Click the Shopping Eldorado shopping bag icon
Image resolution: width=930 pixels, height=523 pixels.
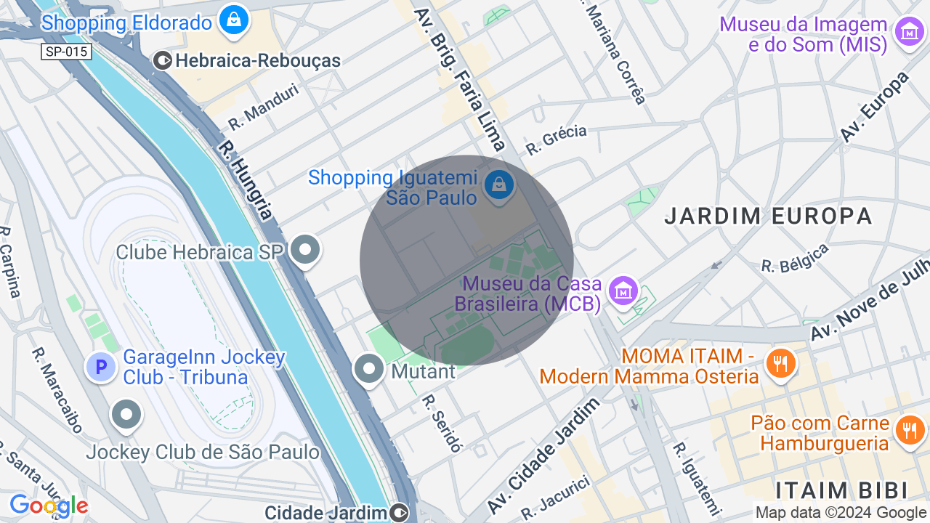click(234, 20)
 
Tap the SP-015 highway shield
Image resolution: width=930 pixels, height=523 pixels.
click(66, 52)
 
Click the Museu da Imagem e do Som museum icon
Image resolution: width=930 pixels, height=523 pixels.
click(909, 33)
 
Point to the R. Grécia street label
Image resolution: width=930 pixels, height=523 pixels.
click(556, 139)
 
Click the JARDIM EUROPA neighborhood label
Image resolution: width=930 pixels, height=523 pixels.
click(768, 216)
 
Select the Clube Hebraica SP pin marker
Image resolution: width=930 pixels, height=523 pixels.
click(305, 251)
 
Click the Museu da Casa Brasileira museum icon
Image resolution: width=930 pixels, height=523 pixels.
click(623, 291)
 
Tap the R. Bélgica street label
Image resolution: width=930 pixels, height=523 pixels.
click(795, 258)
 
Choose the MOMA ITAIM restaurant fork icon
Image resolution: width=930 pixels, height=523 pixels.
click(781, 362)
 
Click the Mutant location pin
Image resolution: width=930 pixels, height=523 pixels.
click(369, 369)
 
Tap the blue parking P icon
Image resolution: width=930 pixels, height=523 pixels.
click(101, 367)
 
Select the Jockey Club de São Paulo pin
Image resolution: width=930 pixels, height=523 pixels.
click(127, 415)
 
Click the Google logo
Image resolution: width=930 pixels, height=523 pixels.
click(49, 506)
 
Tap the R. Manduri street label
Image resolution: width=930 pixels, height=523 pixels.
click(263, 106)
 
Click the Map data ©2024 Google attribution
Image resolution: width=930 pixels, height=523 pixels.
click(841, 512)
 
